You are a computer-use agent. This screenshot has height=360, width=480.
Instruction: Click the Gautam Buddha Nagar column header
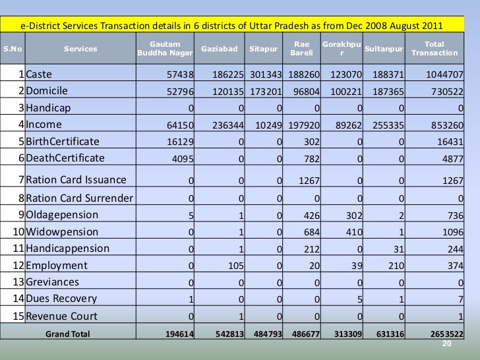coord(165,48)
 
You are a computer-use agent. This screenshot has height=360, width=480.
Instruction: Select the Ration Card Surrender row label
coord(78,198)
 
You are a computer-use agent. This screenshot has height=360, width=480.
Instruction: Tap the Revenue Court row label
coord(63,315)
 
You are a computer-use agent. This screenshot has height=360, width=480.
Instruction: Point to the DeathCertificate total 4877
coord(451,158)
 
